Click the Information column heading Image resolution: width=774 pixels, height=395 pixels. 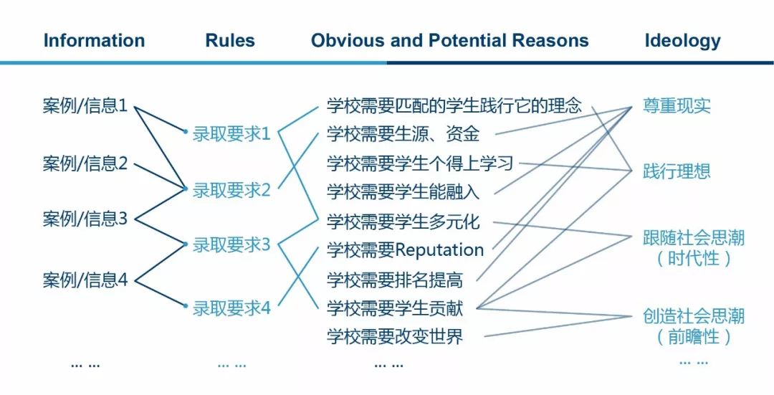95,40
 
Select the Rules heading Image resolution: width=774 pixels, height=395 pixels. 230,40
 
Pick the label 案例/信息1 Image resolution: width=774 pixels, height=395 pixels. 85,106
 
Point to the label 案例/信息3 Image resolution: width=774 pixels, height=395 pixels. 85,219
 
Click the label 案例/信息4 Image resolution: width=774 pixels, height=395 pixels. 85,280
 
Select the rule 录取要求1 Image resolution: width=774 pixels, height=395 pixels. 231,134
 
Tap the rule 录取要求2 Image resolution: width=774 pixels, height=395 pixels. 231,190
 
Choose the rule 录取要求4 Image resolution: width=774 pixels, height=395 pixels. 231,308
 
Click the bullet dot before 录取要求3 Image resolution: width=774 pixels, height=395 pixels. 186,244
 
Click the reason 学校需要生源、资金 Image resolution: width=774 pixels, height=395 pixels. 403,134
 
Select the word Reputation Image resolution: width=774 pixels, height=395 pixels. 439,250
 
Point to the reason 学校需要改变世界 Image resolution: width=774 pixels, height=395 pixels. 395,337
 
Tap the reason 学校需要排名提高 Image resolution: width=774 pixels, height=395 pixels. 395,280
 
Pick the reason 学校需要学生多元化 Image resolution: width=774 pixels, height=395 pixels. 403,222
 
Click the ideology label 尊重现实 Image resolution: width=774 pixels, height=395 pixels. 677,105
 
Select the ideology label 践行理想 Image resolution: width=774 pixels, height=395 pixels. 677,171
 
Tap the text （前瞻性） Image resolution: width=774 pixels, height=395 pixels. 694,337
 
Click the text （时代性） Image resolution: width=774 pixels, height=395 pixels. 694,259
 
